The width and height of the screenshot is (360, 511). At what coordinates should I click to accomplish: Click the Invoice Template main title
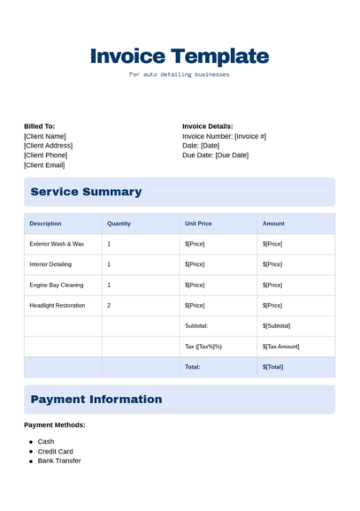pos(180,57)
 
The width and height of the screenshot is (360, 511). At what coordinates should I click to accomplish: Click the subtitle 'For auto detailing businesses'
pos(180,75)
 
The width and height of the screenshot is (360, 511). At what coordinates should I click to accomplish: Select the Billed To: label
pos(39,126)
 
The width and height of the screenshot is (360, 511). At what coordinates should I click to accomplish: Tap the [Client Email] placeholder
pos(44,164)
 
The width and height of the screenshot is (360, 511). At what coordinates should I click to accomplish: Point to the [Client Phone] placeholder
pos(46,155)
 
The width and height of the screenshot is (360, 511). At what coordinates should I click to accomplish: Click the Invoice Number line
pos(224,136)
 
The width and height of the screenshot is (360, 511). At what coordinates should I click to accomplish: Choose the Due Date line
pos(215,155)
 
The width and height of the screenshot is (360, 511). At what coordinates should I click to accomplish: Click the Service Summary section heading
pos(86,192)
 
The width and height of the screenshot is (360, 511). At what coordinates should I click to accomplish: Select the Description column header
pos(45,224)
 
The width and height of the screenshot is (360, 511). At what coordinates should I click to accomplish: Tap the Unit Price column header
pos(198,224)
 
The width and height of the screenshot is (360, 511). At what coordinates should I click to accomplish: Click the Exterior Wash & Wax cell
pos(57,244)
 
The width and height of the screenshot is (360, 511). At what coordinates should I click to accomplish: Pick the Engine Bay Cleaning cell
pos(57,285)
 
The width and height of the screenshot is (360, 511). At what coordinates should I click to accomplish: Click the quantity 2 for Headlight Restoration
pos(109,305)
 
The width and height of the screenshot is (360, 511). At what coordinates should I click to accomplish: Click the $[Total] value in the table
pos(272,367)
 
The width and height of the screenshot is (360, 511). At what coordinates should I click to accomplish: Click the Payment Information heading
pos(96,400)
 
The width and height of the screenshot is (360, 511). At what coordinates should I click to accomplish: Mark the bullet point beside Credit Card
pos(32,451)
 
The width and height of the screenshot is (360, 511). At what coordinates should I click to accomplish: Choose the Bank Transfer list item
pos(59,461)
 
